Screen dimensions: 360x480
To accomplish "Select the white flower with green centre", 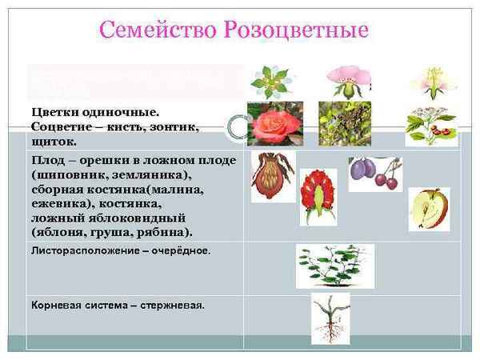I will tap(268, 82).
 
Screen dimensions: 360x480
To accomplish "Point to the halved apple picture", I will tap(429, 209).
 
